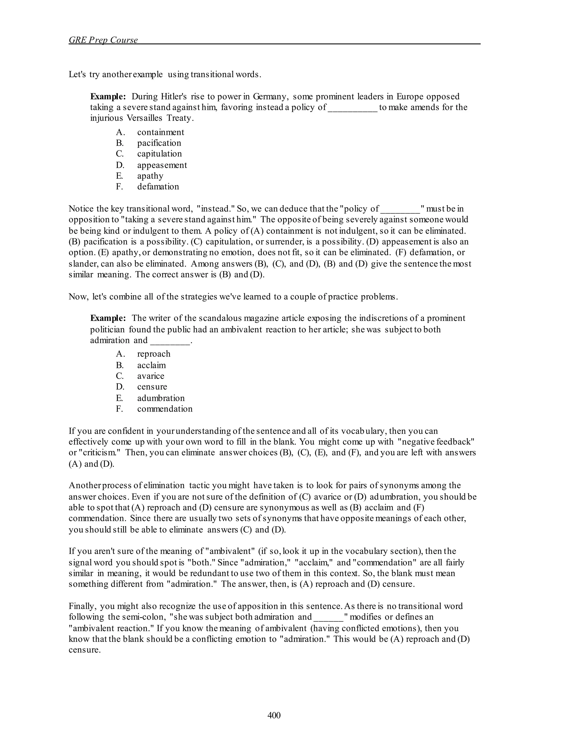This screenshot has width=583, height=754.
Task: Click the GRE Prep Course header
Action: (103, 40)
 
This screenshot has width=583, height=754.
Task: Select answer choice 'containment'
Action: (161, 132)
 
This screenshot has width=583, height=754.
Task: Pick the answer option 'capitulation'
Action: (159, 154)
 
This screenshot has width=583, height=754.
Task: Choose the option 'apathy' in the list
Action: (150, 176)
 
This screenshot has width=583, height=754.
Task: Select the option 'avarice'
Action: (151, 376)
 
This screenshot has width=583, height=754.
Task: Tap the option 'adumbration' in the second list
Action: (161, 398)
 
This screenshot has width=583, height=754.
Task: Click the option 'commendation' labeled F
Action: (165, 409)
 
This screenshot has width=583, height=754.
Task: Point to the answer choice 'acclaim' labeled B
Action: (151, 365)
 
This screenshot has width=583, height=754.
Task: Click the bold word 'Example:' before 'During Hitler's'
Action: (108, 96)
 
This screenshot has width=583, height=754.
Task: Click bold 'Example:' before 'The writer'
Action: (108, 318)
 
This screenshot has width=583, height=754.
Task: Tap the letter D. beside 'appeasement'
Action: (120, 165)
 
